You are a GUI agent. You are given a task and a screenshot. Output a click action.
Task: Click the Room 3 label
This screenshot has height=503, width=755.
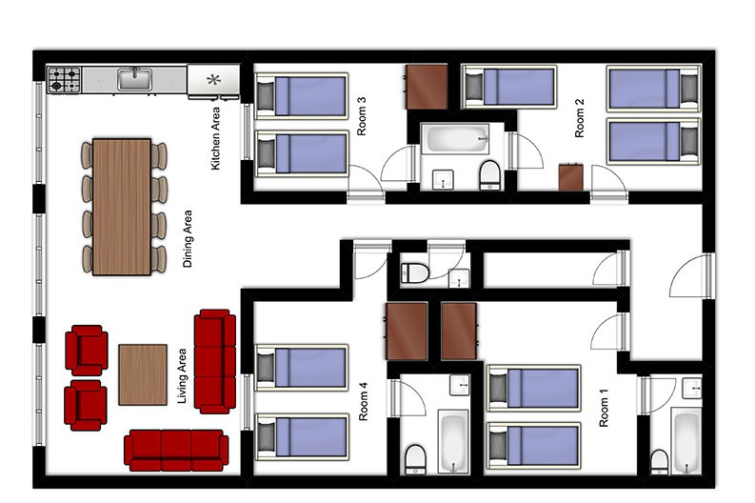[x=362, y=116]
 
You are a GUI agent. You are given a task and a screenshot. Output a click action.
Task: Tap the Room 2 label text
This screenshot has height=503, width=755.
[x=580, y=118]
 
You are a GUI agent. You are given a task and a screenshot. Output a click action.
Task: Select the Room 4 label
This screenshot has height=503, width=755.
[x=363, y=401]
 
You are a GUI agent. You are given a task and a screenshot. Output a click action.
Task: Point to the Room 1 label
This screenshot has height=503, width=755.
[x=604, y=408]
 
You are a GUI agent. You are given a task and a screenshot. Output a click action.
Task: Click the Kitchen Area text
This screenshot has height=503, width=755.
[x=215, y=138]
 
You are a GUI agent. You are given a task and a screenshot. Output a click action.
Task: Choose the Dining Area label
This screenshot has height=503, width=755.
[x=188, y=238]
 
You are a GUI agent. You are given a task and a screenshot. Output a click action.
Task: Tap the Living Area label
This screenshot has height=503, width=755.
[x=182, y=376]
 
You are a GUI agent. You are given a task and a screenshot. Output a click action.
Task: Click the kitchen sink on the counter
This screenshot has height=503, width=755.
[x=135, y=79]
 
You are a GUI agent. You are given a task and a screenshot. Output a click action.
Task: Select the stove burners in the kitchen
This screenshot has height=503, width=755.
[x=64, y=80]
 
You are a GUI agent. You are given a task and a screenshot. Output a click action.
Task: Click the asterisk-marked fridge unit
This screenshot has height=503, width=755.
[x=213, y=80]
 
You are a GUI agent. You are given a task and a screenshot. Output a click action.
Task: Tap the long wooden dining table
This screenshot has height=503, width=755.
[x=122, y=207]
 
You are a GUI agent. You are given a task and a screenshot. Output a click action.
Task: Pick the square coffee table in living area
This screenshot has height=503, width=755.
[x=143, y=374]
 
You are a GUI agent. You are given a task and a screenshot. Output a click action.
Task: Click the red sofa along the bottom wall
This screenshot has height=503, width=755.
[x=176, y=450]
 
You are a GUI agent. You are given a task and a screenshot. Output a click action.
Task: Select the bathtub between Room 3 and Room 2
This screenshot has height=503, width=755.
[x=455, y=139]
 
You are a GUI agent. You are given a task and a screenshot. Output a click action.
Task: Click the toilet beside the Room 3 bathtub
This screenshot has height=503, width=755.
[x=489, y=175]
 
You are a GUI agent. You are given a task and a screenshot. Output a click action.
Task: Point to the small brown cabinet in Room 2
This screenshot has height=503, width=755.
[x=571, y=177]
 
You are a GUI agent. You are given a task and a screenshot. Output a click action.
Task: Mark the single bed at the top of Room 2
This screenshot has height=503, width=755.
[x=509, y=88]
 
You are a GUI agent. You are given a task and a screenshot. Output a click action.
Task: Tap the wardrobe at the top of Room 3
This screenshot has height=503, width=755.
[x=427, y=88]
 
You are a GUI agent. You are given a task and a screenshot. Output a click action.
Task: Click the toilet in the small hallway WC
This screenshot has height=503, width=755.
[x=414, y=273]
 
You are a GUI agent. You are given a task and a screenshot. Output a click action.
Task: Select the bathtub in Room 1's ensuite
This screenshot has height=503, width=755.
[x=685, y=441]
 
